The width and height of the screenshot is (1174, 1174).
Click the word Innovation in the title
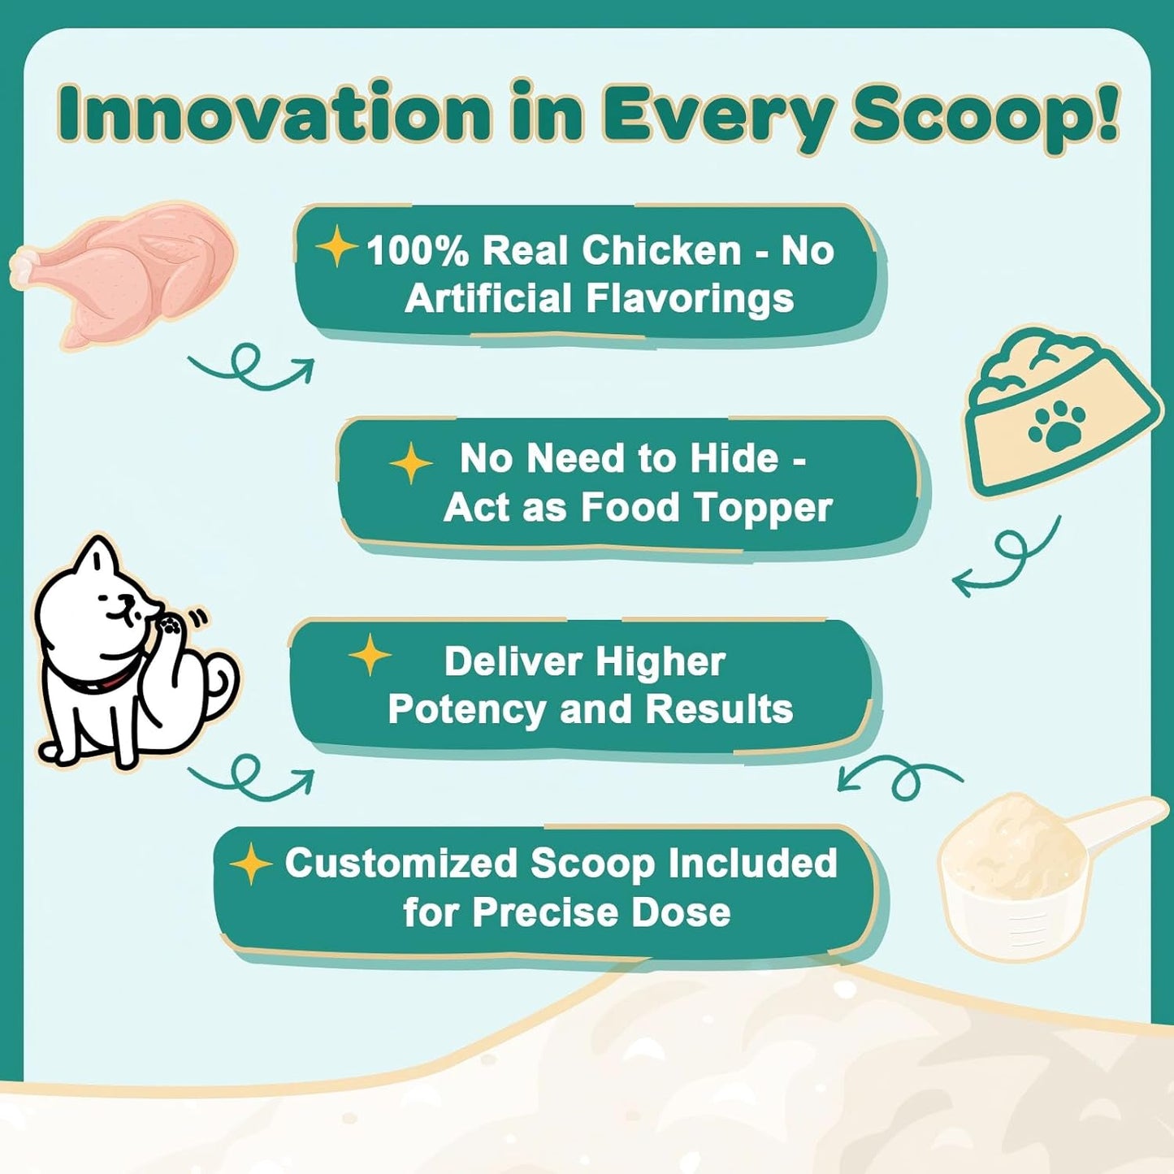tap(274, 114)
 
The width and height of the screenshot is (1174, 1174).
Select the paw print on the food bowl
tap(1056, 427)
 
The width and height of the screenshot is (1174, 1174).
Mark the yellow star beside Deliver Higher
tap(370, 655)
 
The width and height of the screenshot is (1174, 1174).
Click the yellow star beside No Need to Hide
tap(411, 463)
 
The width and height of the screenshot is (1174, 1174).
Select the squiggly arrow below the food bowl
tap(1007, 557)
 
